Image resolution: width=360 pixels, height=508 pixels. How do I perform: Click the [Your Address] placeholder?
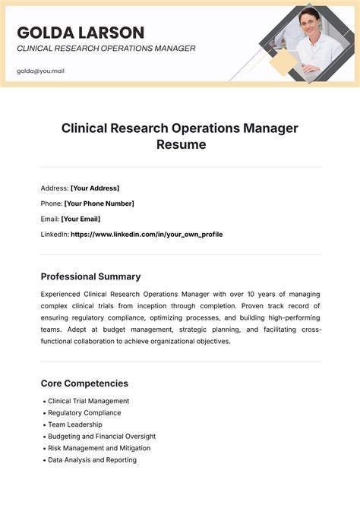(x=95, y=188)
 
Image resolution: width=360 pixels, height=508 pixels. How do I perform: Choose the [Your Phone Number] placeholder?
(x=99, y=204)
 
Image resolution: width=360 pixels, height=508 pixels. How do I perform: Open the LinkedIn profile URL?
(x=147, y=235)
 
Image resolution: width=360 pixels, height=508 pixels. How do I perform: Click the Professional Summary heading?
(x=90, y=276)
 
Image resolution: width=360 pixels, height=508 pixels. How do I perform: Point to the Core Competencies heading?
(x=84, y=383)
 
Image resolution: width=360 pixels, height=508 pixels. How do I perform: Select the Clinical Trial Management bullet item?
(x=89, y=401)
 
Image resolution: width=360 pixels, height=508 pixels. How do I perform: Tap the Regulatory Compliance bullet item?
(x=84, y=413)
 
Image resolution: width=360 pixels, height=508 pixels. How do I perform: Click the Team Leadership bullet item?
(x=74, y=424)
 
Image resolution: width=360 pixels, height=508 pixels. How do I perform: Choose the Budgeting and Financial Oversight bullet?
(x=102, y=437)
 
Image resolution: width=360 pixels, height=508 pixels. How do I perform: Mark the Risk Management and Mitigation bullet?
(x=99, y=448)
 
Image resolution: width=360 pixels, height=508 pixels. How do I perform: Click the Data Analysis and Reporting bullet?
(x=92, y=460)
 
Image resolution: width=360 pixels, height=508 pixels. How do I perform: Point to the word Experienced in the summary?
(x=63, y=294)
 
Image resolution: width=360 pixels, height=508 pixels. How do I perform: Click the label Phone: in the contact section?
(x=51, y=204)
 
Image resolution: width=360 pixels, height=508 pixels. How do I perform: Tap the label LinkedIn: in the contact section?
(x=54, y=235)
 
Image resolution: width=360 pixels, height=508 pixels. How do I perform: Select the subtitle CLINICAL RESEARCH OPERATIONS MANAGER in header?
(x=106, y=49)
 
